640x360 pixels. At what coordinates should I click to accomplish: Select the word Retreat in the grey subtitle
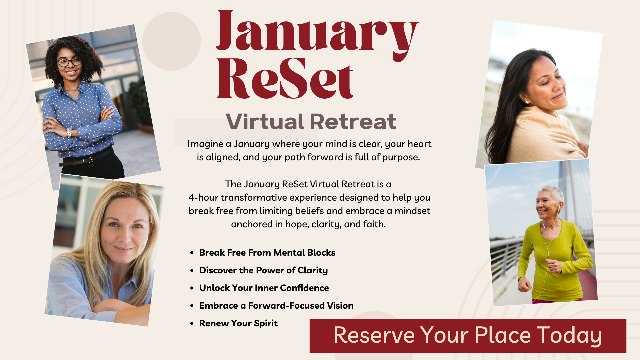[353, 122]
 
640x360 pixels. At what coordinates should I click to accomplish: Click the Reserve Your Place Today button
[468, 335]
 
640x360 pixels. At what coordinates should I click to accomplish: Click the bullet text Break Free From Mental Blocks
[267, 253]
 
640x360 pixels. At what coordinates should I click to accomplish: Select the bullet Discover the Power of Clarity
[263, 270]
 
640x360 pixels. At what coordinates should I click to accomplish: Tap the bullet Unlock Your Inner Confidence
[264, 288]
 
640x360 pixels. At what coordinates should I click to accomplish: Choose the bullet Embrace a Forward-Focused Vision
[276, 306]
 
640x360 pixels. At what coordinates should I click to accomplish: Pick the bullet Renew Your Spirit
[238, 323]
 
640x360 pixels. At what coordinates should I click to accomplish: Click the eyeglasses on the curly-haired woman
[69, 62]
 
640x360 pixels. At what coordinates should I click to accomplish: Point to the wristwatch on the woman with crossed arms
[69, 132]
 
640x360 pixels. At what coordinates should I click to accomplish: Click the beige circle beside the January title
[171, 41]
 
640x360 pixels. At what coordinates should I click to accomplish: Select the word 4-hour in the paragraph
[203, 198]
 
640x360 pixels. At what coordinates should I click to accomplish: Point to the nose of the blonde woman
[126, 236]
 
